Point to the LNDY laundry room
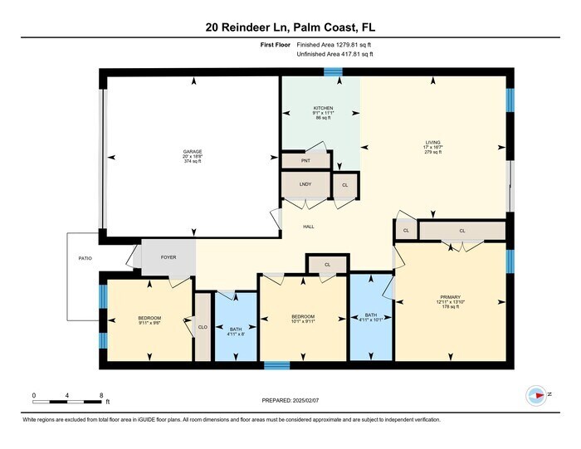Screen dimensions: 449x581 305,185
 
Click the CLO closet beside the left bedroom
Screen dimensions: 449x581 202,327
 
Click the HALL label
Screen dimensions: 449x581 307,227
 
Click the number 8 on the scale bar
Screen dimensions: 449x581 100,395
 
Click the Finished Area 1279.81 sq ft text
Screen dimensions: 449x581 334,46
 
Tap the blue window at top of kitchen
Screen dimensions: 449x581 334,73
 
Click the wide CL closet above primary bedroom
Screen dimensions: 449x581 462,231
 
